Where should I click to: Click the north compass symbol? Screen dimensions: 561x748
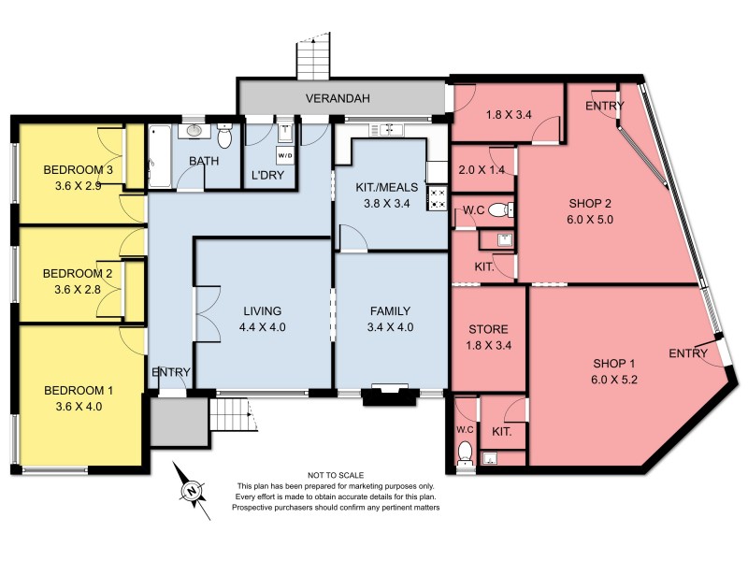pyautogui.click(x=191, y=488)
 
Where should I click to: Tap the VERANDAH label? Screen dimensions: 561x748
pyautogui.click(x=339, y=96)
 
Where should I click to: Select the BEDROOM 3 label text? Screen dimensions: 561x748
pyautogui.click(x=79, y=170)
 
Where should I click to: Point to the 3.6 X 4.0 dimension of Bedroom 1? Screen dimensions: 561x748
pyautogui.click(x=79, y=406)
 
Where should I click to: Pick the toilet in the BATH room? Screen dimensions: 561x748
pyautogui.click(x=224, y=138)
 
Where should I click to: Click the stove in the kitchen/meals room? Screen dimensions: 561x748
pyautogui.click(x=437, y=197)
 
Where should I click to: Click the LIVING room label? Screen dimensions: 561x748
pyautogui.click(x=262, y=310)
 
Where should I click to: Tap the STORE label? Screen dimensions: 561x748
pyautogui.click(x=487, y=329)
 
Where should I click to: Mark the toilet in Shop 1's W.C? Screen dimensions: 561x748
pyautogui.click(x=466, y=453)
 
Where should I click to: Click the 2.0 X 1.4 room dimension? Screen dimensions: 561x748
pyautogui.click(x=482, y=169)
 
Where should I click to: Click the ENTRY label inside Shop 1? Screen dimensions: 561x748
pyautogui.click(x=687, y=352)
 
